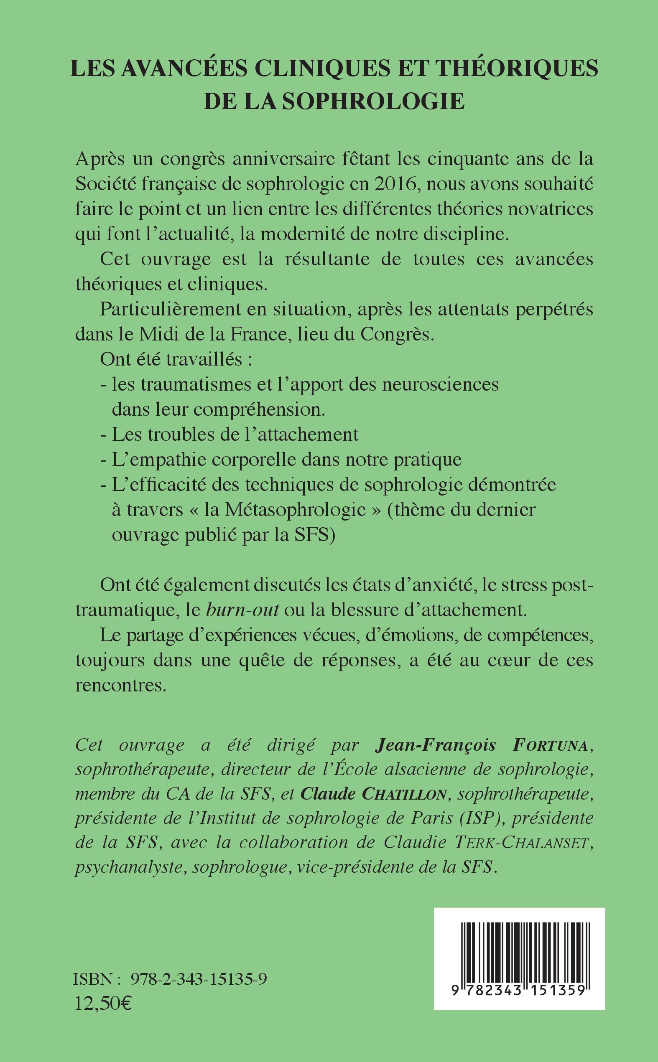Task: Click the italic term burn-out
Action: pyautogui.click(x=242, y=610)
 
